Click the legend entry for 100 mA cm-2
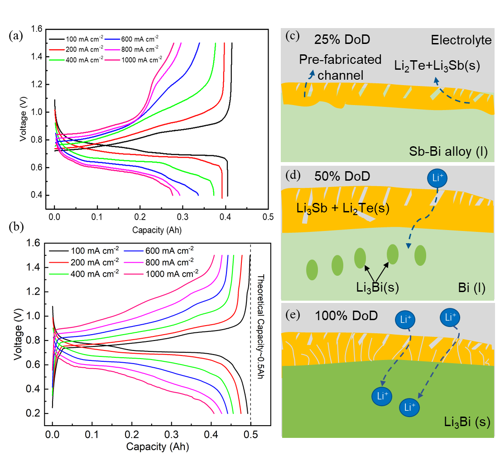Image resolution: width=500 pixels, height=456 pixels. point(86,250)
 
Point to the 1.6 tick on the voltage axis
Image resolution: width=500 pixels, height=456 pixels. point(36,243)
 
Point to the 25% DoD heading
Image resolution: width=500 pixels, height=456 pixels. point(342,40)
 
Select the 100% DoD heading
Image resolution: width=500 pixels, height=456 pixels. point(346,315)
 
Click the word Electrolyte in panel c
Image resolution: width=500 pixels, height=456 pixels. point(461,40)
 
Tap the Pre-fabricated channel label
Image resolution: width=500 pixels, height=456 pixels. point(341,67)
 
